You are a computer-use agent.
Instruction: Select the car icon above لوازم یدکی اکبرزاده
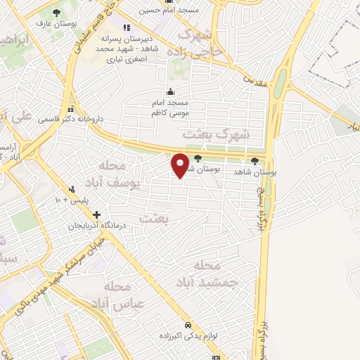coord(188,325)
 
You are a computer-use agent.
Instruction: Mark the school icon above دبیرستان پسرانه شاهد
coord(127,28)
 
